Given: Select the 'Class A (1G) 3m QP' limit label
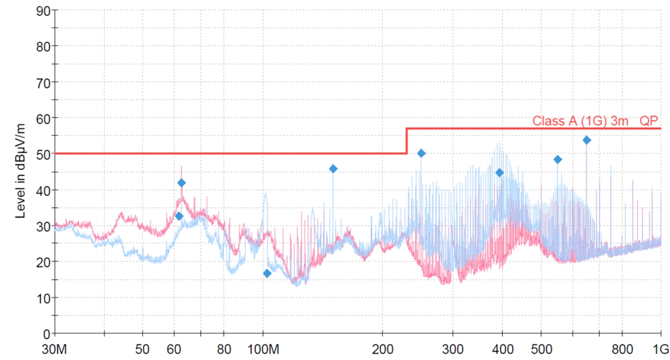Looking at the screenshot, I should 596,121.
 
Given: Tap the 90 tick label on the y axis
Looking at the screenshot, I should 44,10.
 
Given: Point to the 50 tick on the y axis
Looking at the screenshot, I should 44,154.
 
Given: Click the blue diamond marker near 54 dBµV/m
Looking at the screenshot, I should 587,140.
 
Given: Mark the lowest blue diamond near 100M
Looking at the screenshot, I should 267,273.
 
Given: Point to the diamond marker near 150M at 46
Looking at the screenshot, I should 333,169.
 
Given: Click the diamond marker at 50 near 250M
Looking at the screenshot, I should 421,153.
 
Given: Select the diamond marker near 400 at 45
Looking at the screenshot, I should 499,173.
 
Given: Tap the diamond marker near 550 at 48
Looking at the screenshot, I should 557,159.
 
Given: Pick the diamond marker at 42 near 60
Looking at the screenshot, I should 182,183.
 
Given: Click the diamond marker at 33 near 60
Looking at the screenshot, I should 179,216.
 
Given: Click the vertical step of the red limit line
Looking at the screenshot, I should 407,141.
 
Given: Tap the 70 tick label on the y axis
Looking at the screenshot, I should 44,82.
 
